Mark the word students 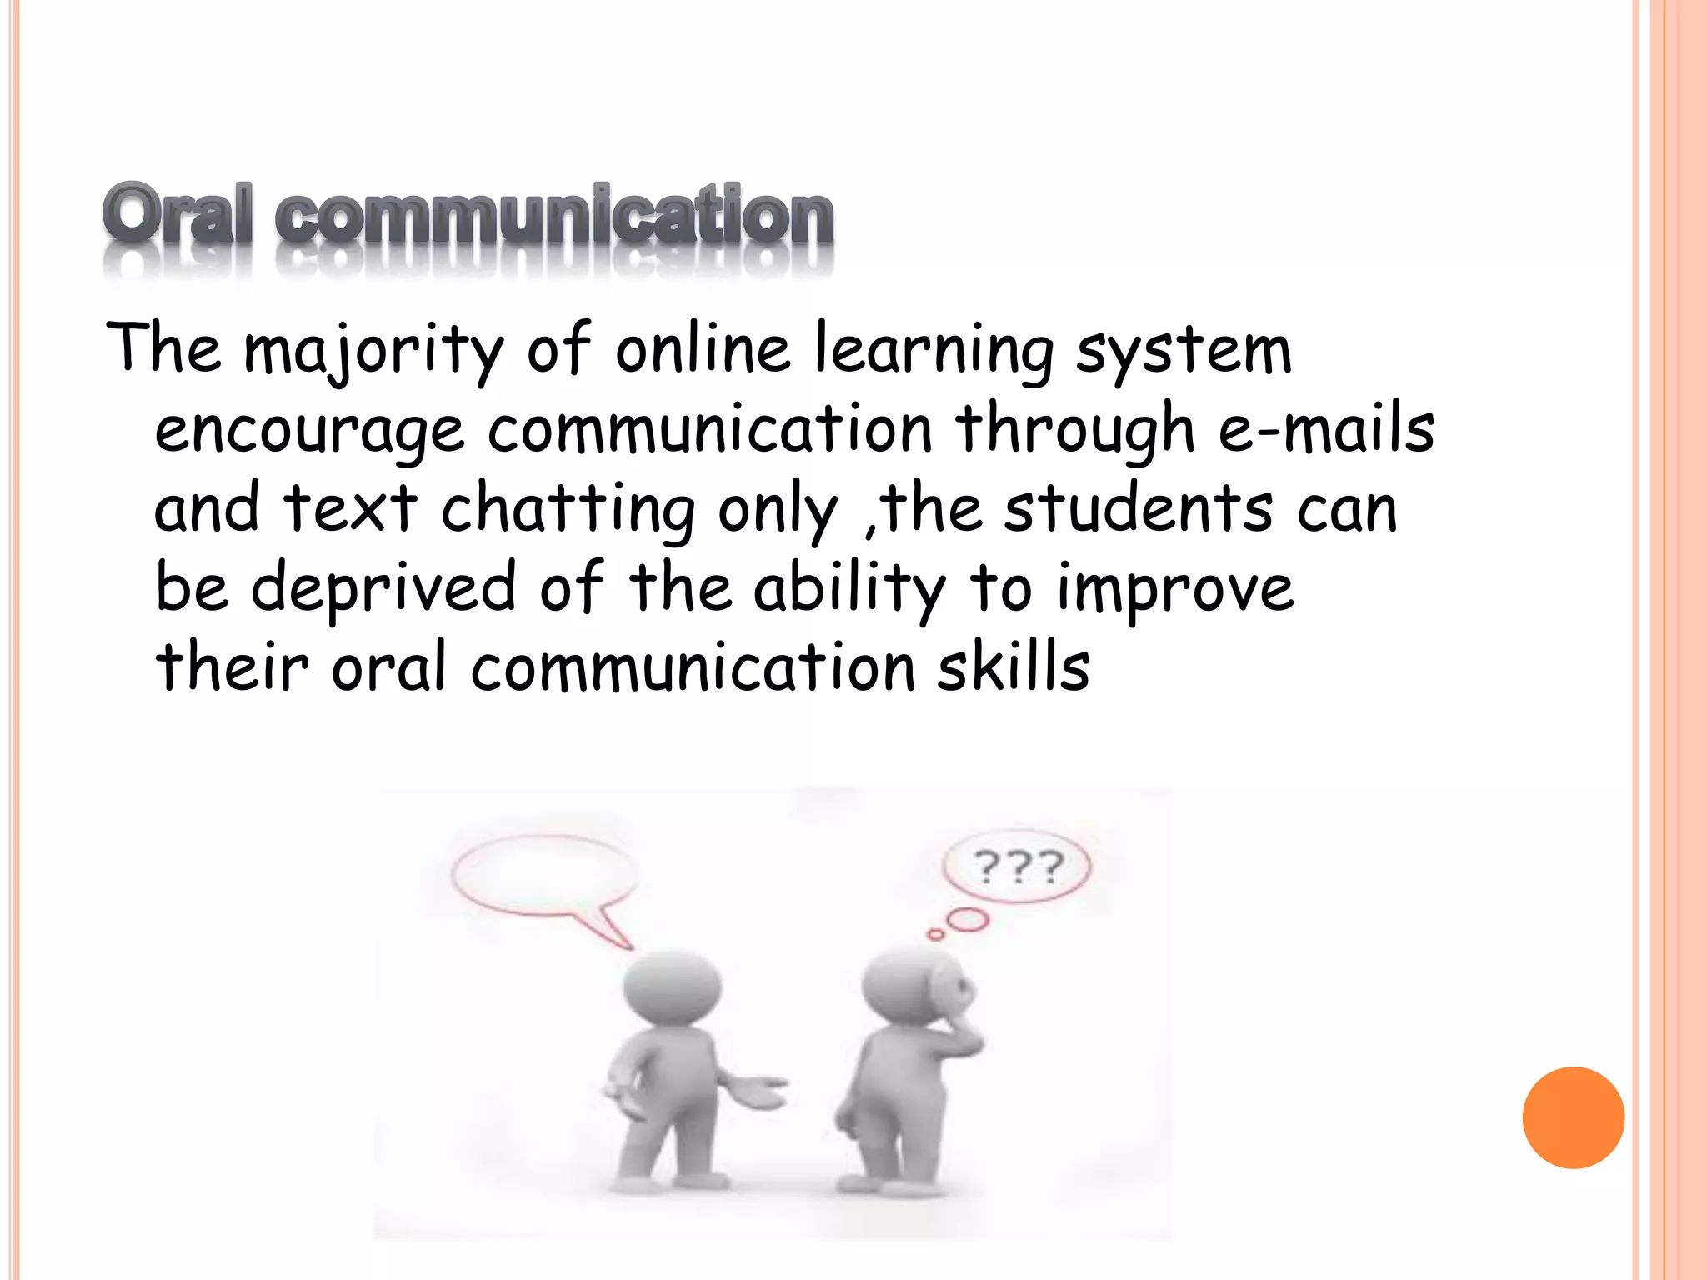[x=1138, y=507]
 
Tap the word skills [x=1013, y=667]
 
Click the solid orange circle [x=1573, y=1117]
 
